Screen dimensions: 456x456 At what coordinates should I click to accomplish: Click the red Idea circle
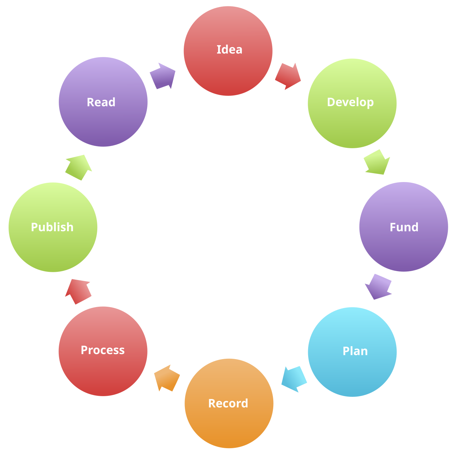click(228, 68)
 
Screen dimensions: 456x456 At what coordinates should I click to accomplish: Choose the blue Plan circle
click(352, 370)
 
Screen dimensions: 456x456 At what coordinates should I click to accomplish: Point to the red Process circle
click(103, 370)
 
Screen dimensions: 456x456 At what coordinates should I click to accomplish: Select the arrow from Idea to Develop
click(288, 76)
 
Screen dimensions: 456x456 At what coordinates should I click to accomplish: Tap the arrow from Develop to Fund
click(377, 162)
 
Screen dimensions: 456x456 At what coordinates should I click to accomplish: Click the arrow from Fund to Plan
click(378, 287)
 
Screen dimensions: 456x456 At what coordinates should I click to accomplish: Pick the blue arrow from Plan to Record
click(294, 379)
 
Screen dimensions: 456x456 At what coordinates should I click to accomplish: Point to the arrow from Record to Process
click(167, 378)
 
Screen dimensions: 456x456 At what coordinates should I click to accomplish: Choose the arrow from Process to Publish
click(78, 291)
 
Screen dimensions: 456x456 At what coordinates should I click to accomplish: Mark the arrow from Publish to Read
click(79, 167)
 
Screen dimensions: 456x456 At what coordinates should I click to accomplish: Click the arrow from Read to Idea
click(163, 76)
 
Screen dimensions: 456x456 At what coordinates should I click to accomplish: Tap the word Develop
click(350, 102)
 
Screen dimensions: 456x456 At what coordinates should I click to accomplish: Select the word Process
click(103, 350)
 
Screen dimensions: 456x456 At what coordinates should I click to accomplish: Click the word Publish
click(52, 227)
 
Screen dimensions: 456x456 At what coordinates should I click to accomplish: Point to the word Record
click(228, 403)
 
